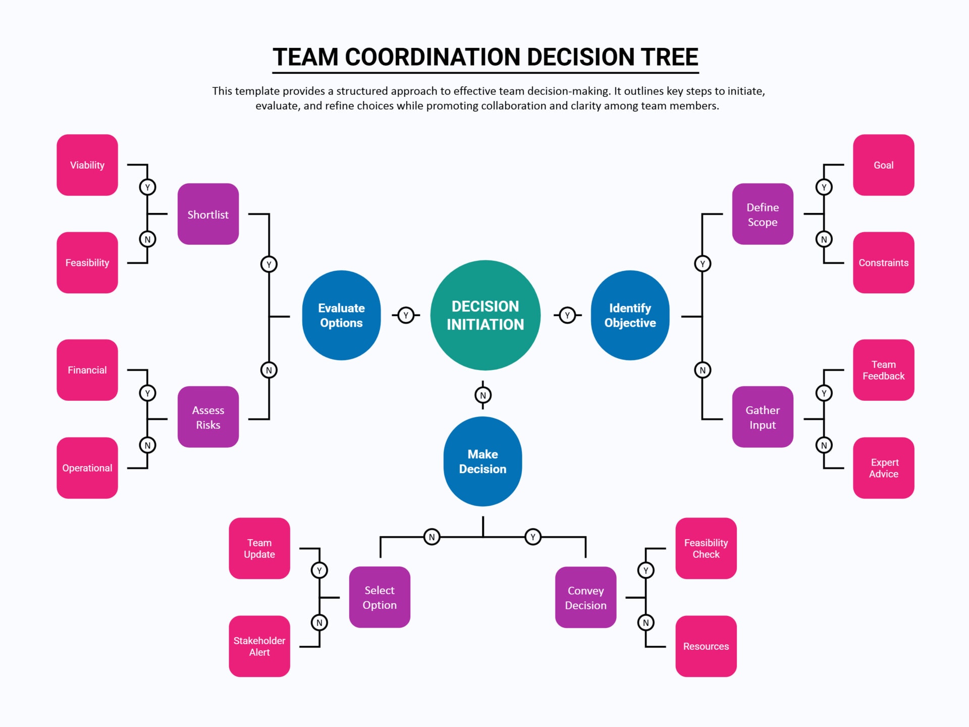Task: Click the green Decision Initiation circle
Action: tap(485, 315)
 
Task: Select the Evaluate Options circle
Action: tap(341, 315)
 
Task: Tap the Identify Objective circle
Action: tap(630, 315)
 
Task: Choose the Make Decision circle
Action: tap(482, 461)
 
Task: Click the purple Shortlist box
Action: tap(208, 214)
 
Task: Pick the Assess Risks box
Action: tap(208, 417)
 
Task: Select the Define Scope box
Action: tap(762, 214)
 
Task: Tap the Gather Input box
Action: tap(762, 417)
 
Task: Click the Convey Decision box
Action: tap(585, 597)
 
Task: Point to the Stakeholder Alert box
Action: tap(259, 646)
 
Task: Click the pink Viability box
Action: tap(87, 165)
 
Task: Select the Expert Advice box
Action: tap(883, 468)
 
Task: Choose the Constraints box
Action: tap(883, 263)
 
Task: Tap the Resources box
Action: tap(706, 646)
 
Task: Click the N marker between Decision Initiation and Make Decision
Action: tap(483, 395)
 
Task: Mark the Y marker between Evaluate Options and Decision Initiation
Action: tap(406, 315)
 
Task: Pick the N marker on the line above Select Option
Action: tap(432, 537)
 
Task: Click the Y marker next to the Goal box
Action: tap(824, 187)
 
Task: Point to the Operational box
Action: tap(87, 468)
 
